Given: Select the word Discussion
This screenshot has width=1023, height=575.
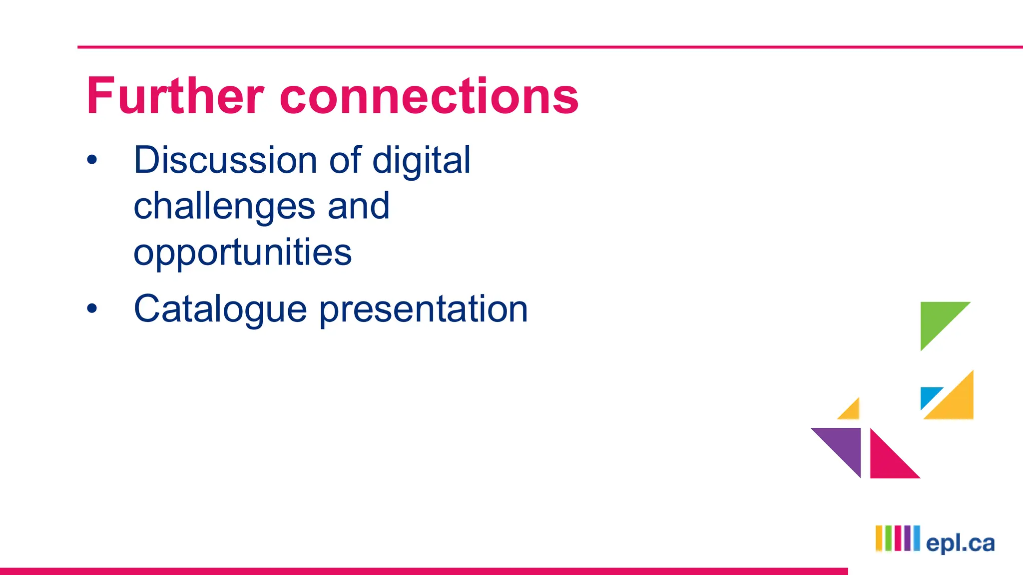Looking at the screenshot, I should pyautogui.click(x=225, y=160).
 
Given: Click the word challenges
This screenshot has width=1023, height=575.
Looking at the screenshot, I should pyautogui.click(x=224, y=206).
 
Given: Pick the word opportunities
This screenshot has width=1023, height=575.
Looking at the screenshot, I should pyautogui.click(x=242, y=252).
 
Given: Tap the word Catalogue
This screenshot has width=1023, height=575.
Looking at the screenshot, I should pyautogui.click(x=220, y=309).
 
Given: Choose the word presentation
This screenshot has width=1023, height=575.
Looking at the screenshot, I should pyautogui.click(x=423, y=309).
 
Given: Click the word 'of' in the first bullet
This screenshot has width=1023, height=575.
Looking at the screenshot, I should pyautogui.click(x=345, y=160).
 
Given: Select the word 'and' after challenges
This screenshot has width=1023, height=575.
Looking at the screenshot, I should pyautogui.click(x=358, y=206).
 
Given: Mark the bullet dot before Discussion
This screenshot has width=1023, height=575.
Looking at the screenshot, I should pyautogui.click(x=92, y=160).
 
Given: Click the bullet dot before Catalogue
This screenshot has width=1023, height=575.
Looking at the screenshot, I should pyautogui.click(x=92, y=308).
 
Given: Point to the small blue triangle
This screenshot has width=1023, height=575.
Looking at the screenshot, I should pyautogui.click(x=928, y=395).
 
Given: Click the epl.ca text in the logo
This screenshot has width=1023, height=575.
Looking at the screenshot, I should pyautogui.click(x=960, y=543).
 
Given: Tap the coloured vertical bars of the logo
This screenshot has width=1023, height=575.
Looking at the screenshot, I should pyautogui.click(x=897, y=538).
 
